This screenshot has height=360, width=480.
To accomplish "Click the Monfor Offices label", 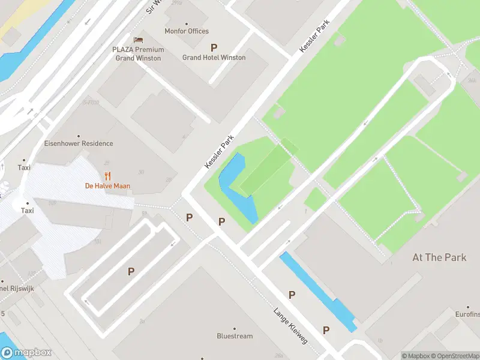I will [187, 31].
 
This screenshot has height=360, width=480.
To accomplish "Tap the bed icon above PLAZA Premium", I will [139, 40].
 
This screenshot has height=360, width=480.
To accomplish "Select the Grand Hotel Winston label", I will [214, 58].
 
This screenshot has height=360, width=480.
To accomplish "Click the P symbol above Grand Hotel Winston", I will [214, 47].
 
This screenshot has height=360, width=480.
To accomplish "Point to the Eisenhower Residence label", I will [79, 144].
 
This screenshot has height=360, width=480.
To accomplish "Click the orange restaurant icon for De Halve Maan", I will [108, 176].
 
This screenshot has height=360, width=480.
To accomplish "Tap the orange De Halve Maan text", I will [107, 186].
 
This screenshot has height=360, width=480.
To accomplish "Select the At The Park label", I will [439, 257].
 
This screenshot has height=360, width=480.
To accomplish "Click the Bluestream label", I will [235, 336].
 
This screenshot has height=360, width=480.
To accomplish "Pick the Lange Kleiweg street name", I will [290, 326].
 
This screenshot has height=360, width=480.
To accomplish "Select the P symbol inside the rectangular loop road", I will [131, 272].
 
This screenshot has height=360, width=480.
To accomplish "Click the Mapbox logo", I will [26, 353].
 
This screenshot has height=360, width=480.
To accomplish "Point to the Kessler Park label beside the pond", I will [219, 152].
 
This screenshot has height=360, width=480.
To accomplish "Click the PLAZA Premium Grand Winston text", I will [138, 54].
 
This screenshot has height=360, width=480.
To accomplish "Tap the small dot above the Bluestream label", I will [235, 328].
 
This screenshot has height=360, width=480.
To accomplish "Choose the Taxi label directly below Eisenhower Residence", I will [24, 168].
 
